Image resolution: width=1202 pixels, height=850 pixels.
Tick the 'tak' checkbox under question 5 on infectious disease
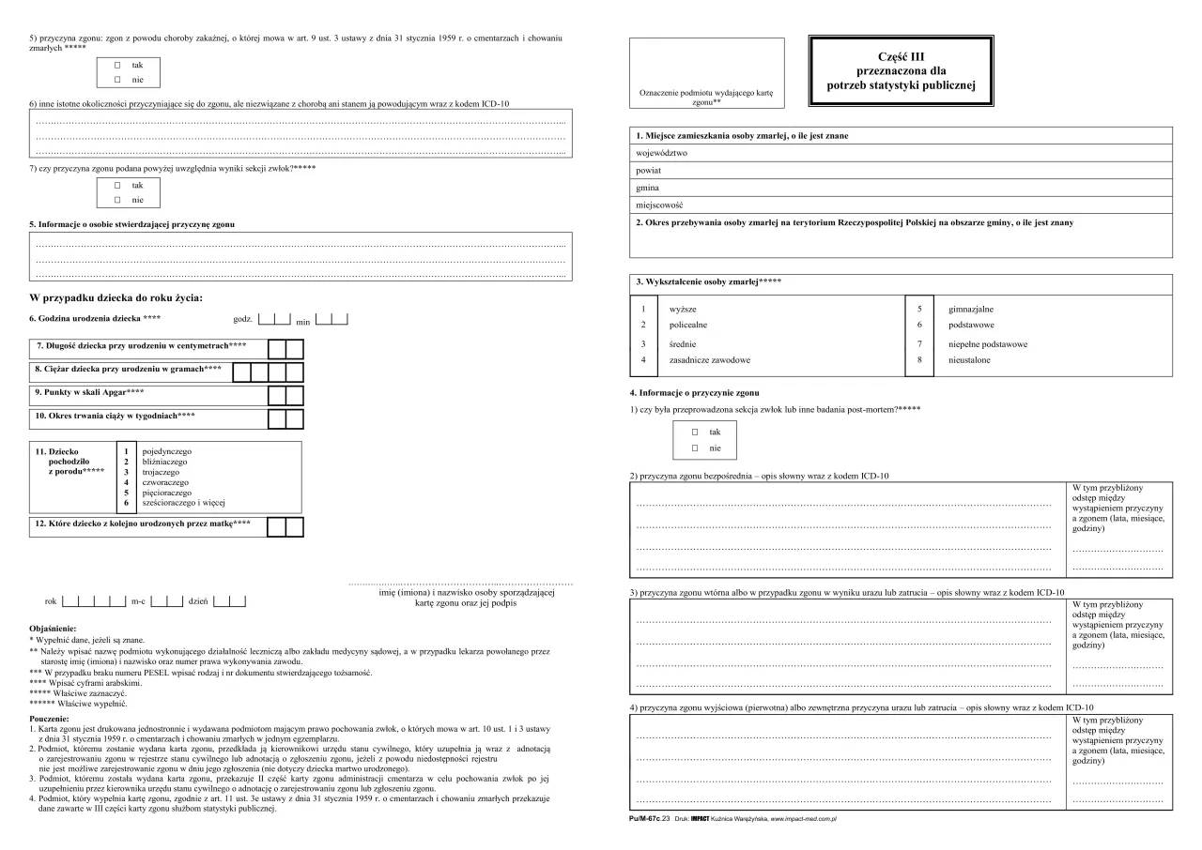[117, 66]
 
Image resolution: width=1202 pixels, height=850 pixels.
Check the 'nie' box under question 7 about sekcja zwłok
[117, 200]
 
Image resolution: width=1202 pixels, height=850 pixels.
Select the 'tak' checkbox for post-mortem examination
[695, 432]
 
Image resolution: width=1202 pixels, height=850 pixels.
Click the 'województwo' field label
[663, 152]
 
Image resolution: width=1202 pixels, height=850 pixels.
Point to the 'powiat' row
[650, 171]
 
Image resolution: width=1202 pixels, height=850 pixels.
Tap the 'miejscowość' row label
[660, 205]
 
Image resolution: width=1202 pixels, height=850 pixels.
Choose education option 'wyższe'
[683, 309]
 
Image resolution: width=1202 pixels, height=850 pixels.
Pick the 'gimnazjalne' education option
[971, 309]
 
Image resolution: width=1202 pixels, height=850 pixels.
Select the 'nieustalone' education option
[969, 359]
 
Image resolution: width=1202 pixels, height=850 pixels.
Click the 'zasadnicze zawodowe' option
[710, 359]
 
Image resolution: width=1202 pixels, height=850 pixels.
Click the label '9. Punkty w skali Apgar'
[90, 390]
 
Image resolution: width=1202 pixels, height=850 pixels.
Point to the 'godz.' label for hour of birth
[242, 320]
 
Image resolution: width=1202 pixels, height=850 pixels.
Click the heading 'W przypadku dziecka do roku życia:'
[116, 297]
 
